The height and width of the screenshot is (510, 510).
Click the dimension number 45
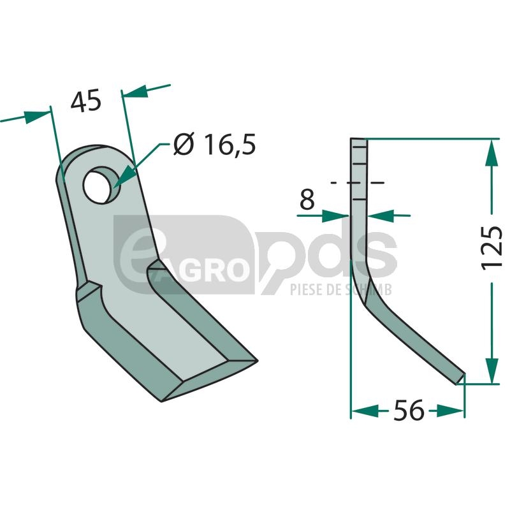[x=86, y=101]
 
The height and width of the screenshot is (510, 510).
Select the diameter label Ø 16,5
[x=215, y=144]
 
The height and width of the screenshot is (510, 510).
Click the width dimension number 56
[x=409, y=410]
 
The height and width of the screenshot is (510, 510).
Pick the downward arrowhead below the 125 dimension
[x=492, y=370]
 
